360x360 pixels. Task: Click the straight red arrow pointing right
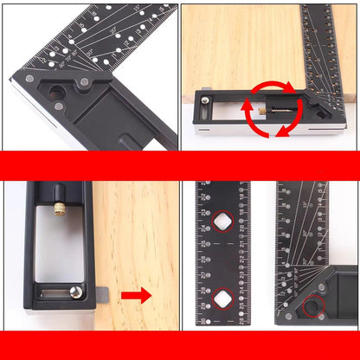point(136,296)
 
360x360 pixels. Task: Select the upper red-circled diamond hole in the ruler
point(222,222)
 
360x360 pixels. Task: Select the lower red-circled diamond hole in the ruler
point(222,299)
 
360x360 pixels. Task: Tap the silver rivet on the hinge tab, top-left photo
point(84,82)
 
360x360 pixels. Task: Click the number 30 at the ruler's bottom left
point(203,319)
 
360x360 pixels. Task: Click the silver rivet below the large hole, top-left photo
point(58,108)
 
